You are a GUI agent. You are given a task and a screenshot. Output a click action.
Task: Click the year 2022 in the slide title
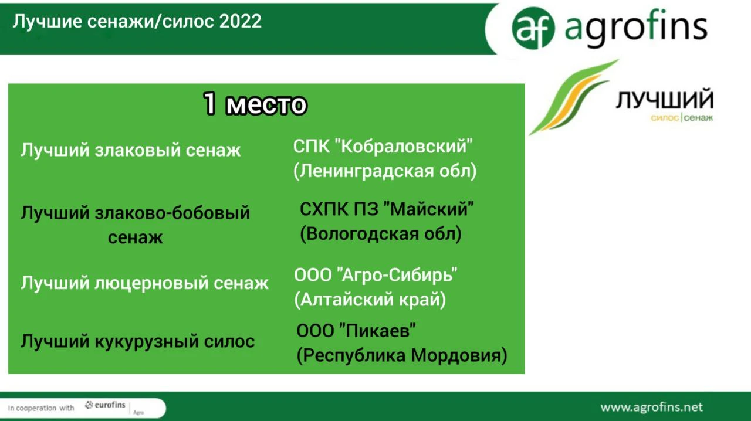click(241, 22)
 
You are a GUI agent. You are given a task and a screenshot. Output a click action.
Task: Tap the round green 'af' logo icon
click(533, 28)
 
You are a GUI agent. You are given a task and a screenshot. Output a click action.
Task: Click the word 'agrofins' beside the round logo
click(636, 28)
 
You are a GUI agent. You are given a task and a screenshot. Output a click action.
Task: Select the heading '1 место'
click(255, 104)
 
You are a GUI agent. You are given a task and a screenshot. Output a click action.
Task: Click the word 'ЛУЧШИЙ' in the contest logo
click(665, 99)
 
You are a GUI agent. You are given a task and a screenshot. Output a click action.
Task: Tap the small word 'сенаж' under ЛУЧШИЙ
click(698, 118)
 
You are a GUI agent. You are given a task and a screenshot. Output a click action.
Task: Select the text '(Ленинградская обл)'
click(385, 171)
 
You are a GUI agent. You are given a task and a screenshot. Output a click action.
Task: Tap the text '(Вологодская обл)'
click(381, 233)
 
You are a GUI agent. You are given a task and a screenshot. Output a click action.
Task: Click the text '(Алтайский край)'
click(370, 299)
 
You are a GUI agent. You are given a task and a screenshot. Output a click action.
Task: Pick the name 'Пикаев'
click(378, 331)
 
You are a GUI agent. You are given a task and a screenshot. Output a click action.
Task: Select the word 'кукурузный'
click(147, 342)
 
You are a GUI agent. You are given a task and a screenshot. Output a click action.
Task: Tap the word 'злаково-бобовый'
click(172, 213)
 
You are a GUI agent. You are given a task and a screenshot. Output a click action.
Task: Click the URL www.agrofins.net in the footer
click(651, 408)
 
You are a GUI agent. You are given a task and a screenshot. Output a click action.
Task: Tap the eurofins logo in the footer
click(105, 405)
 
